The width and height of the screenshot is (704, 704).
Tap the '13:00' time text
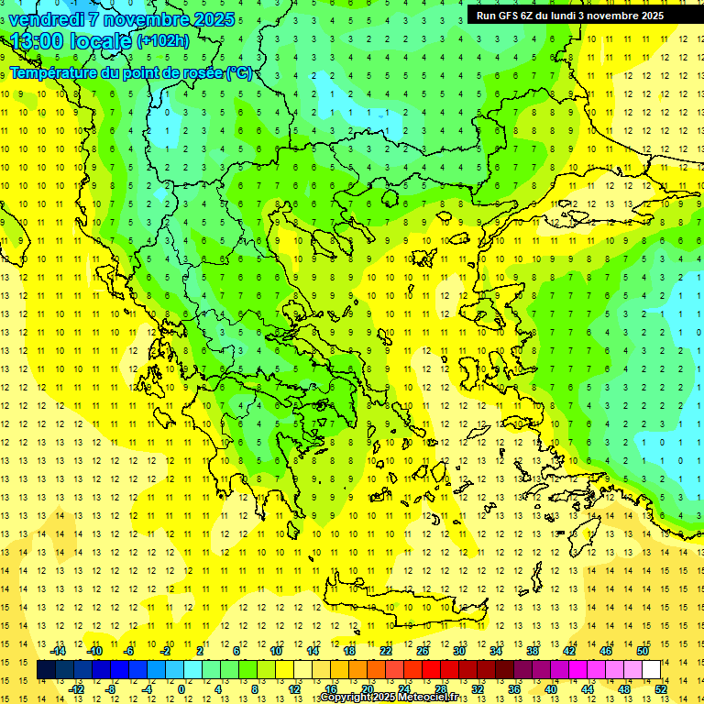click(x=37, y=41)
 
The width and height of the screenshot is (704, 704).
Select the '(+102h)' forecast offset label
click(x=163, y=40)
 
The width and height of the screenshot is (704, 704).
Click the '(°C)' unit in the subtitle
click(x=240, y=72)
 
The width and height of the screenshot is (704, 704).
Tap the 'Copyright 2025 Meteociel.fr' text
click(x=390, y=698)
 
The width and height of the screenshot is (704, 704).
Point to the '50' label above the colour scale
click(x=643, y=651)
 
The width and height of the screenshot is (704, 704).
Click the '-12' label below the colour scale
click(x=76, y=688)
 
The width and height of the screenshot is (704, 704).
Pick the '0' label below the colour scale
click(x=181, y=688)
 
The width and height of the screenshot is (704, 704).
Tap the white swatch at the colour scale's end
click(x=652, y=669)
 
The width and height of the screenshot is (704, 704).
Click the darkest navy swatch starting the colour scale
click(x=47, y=669)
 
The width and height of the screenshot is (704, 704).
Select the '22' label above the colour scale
click(x=386, y=651)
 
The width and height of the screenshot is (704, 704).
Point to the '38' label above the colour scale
click(x=533, y=651)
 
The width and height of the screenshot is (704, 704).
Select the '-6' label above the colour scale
click(x=130, y=651)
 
